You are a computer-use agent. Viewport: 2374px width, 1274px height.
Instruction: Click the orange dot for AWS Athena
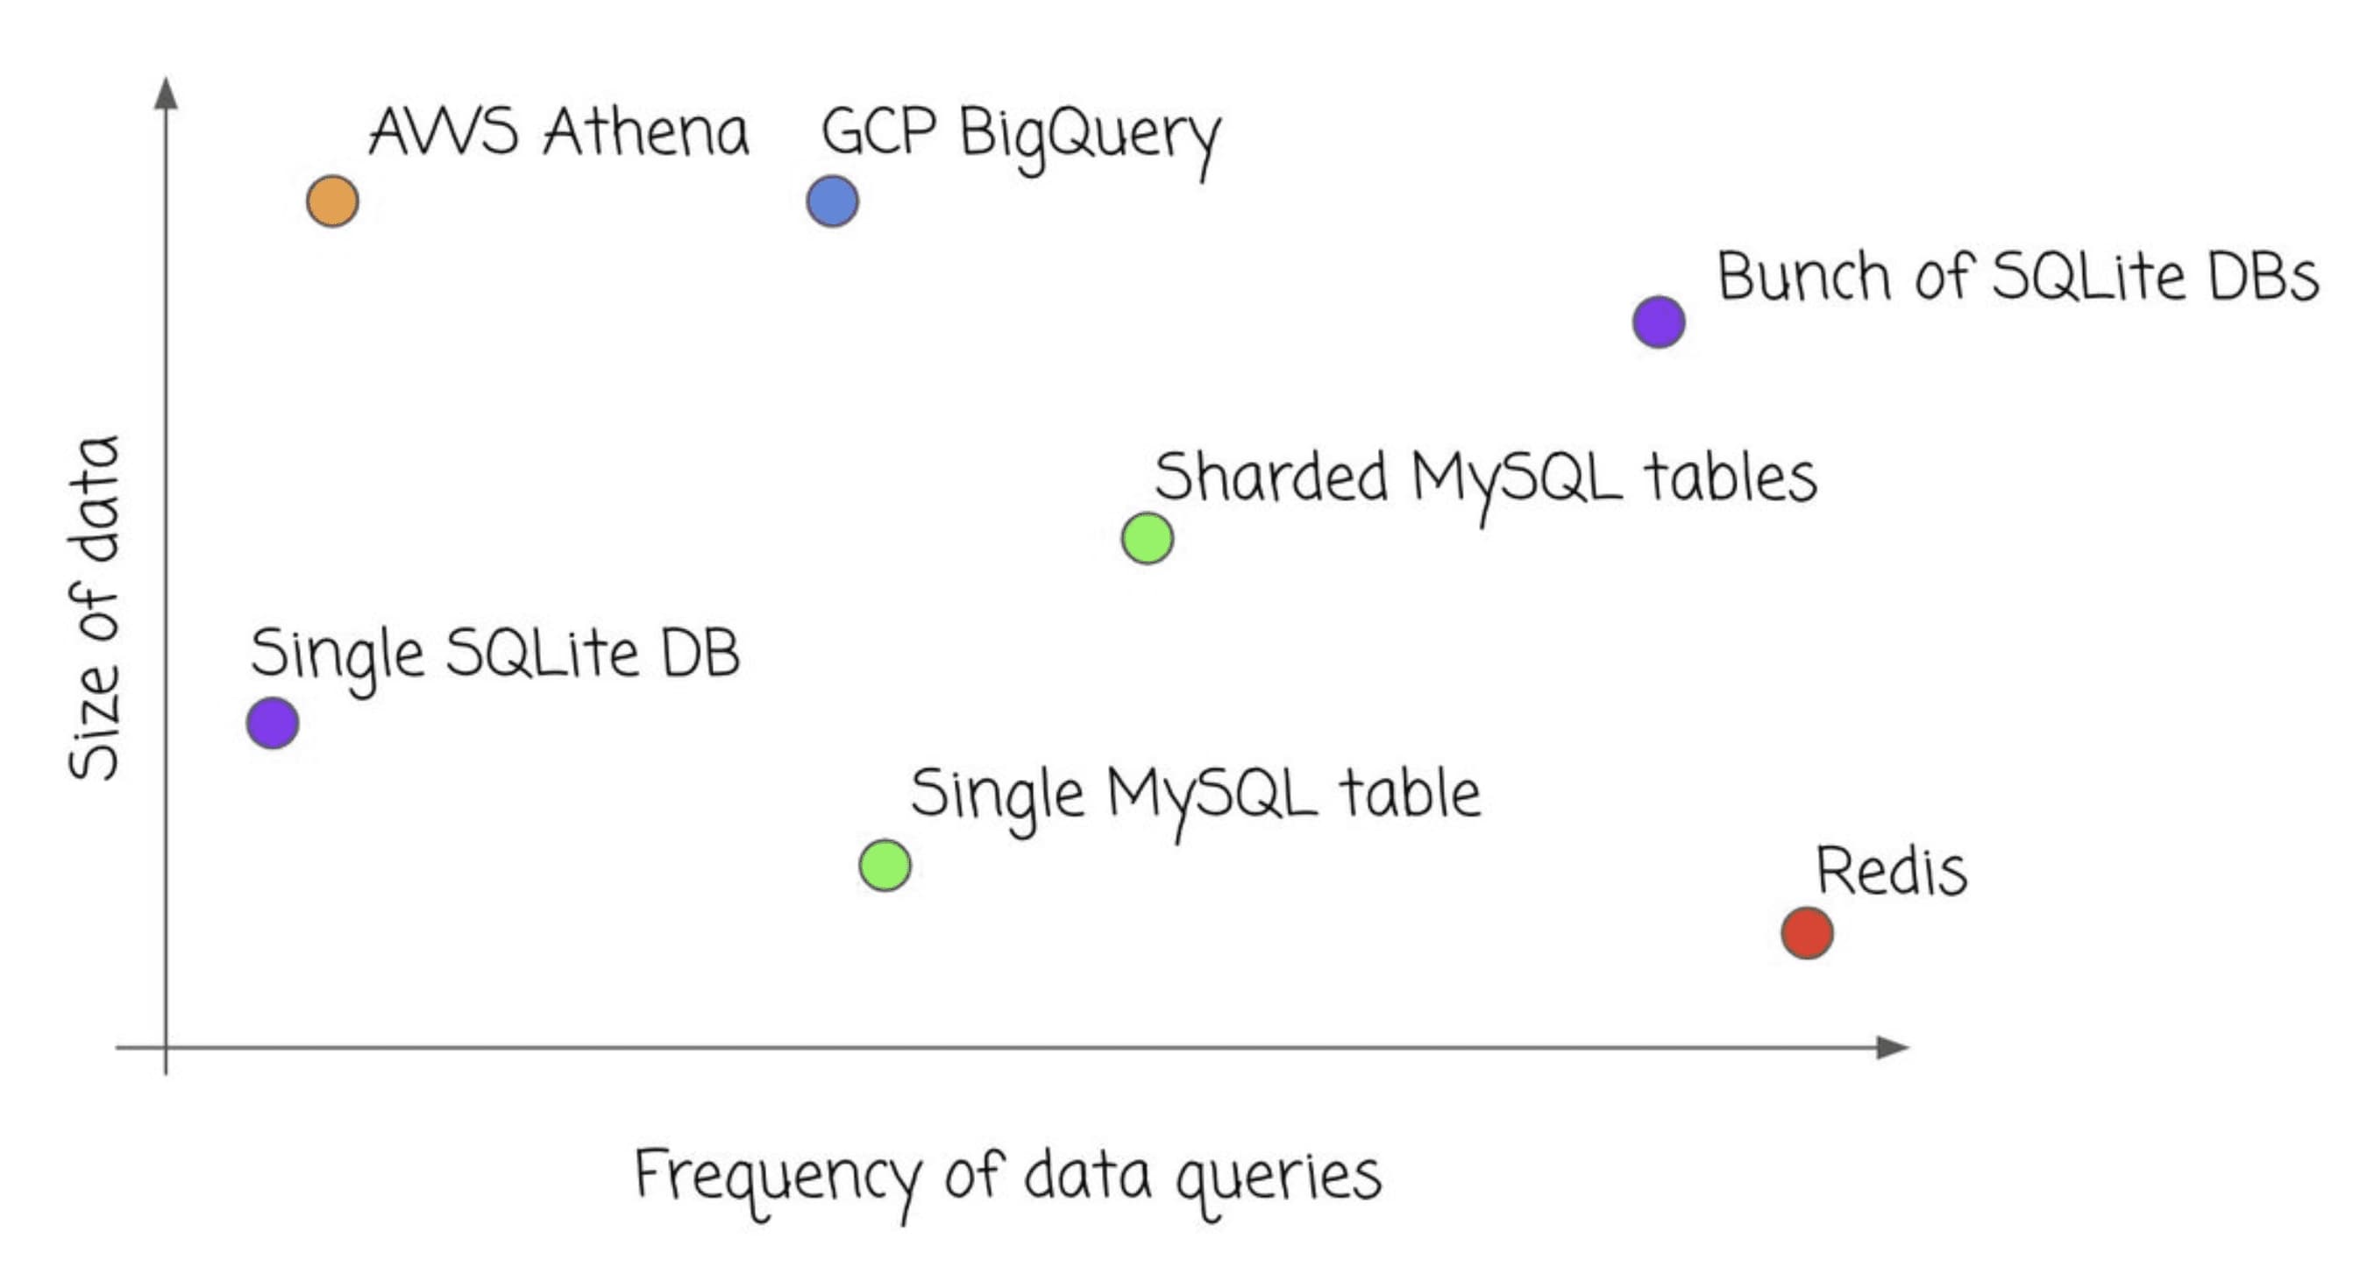pos(332,201)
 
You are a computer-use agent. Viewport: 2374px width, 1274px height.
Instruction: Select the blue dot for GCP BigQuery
pos(832,202)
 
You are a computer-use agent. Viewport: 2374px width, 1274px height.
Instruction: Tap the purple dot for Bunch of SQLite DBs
pos(1659,322)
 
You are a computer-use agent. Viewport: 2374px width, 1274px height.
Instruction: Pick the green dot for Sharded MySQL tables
pos(1148,538)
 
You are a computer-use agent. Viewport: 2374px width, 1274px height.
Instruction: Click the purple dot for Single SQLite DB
pos(273,722)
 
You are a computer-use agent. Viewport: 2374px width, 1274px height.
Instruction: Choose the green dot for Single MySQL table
pos(885,865)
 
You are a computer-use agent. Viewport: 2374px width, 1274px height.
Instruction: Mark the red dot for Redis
pos(1806,932)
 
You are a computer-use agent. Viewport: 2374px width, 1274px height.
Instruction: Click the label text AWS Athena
pos(558,132)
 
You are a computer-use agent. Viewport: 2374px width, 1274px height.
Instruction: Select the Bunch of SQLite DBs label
pos(2016,276)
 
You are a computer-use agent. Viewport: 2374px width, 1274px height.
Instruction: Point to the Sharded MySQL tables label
pos(1485,479)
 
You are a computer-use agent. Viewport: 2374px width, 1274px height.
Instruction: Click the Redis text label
pos(1891,872)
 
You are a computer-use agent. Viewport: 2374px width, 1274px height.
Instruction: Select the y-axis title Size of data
pos(95,608)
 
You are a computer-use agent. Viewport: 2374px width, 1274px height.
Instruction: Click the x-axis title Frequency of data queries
pos(1007,1178)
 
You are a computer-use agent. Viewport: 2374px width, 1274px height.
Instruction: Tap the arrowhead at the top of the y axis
pos(166,93)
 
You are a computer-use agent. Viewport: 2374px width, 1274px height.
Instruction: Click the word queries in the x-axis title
pos(1278,1179)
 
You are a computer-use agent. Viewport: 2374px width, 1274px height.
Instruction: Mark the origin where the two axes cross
pos(166,1047)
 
